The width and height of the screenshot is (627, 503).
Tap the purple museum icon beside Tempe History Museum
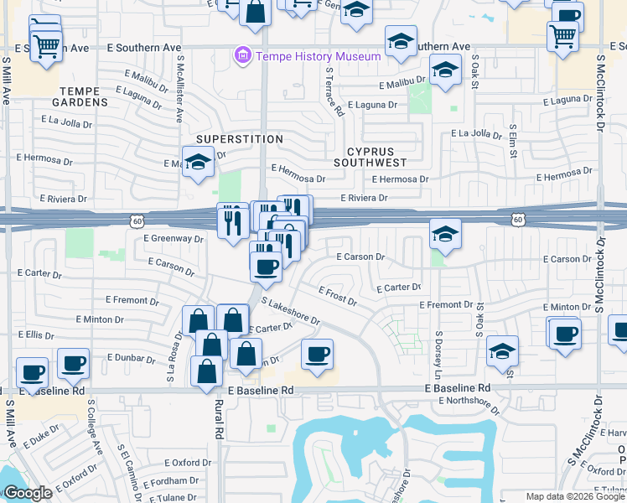[243, 56]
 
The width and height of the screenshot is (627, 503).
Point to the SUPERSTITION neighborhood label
[239, 138]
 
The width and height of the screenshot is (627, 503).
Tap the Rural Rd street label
[219, 419]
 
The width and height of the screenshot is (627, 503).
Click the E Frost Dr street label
[337, 295]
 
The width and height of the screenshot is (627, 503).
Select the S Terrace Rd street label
[334, 92]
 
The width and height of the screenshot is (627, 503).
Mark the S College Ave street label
[95, 423]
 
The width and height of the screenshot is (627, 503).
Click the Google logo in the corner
[28, 494]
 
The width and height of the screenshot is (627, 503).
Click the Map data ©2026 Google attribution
[575, 496]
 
